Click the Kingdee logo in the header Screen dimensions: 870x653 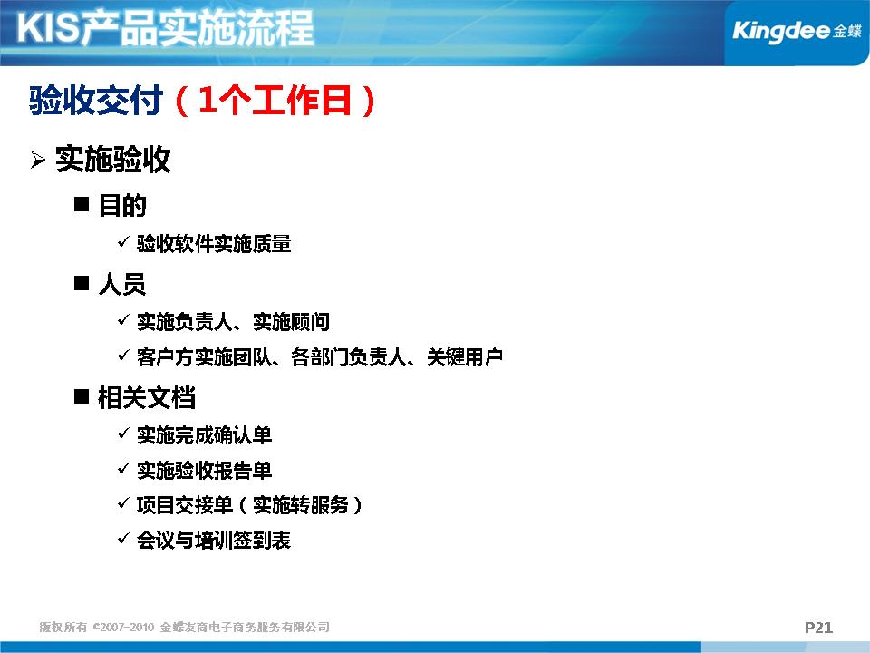797,31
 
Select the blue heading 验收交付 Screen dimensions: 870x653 96,101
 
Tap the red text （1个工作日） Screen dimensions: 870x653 275,101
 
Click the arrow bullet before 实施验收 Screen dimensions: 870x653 38,160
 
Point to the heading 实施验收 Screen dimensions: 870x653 112,160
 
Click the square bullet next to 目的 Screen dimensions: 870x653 82,204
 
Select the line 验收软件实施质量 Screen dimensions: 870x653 214,244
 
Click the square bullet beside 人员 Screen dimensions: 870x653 82,283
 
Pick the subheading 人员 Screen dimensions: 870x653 122,284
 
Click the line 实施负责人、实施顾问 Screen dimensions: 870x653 233,321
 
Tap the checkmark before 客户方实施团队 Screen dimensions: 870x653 124,355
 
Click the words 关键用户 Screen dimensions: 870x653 465,357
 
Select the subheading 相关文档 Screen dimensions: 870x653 147,397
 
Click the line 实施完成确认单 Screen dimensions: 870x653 204,434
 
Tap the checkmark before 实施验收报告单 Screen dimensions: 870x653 124,468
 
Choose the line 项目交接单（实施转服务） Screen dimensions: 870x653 250,505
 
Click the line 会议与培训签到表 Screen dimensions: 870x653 214,540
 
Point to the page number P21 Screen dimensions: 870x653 818,628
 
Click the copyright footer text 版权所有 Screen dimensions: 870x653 63,627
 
